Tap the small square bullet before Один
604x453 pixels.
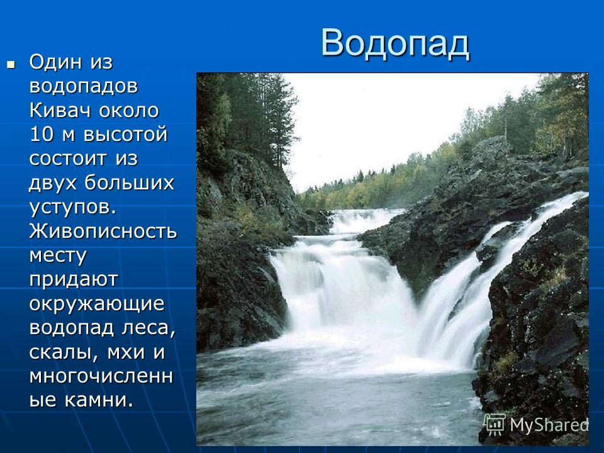[x=11, y=64]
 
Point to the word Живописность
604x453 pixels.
[x=103, y=231]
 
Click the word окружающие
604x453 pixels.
[x=97, y=304]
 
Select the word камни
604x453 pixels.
[x=98, y=400]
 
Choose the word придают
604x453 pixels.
[x=74, y=279]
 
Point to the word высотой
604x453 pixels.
[x=126, y=134]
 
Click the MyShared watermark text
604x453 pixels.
[x=549, y=425]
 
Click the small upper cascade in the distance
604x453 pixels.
[x=362, y=221]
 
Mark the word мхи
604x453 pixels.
[x=126, y=352]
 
